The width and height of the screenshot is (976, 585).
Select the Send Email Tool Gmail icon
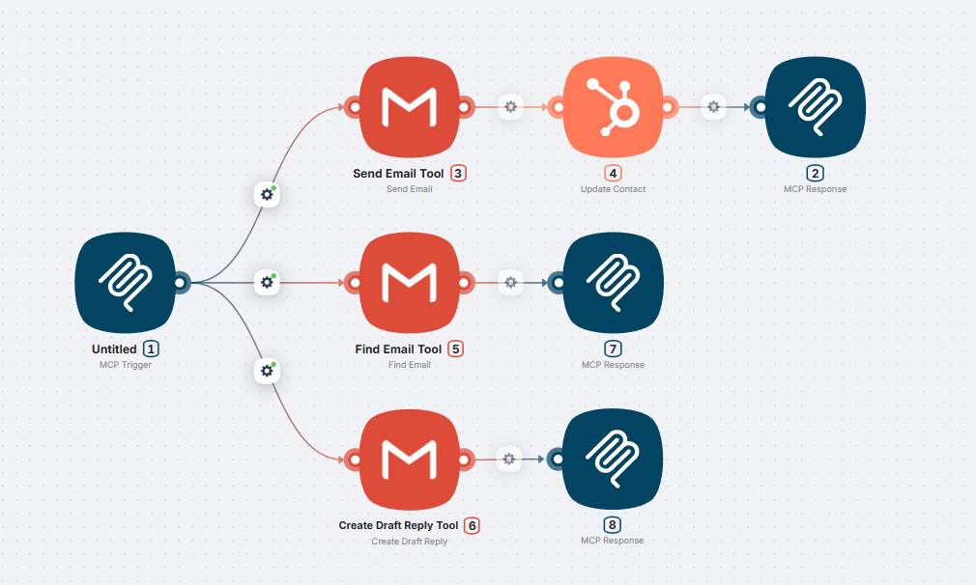coord(409,107)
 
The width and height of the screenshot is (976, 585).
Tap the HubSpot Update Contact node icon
coord(612,107)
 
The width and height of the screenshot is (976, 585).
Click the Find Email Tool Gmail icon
coord(409,283)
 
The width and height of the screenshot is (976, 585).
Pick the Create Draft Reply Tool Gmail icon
coord(409,459)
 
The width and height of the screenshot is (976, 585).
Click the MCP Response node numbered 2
coord(815,107)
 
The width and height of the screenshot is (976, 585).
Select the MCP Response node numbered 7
coord(613,283)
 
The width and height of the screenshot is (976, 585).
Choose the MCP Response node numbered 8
coord(613,459)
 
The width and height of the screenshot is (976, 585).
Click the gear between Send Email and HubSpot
coord(510,107)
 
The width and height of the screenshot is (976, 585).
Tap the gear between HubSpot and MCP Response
coord(713,107)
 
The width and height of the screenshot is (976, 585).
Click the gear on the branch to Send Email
coord(267,194)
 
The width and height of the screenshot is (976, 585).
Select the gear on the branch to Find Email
coord(267,283)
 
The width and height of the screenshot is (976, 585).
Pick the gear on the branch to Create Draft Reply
coord(267,371)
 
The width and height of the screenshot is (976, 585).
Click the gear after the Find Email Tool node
coord(510,283)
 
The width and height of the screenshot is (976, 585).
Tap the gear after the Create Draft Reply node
coord(510,459)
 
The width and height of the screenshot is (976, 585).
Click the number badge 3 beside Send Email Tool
coord(458,174)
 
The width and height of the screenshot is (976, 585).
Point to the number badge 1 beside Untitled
coord(151,349)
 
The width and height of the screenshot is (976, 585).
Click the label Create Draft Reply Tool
coord(398,525)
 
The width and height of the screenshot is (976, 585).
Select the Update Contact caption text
coord(613,189)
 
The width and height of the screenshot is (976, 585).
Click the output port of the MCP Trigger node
coord(180,283)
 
